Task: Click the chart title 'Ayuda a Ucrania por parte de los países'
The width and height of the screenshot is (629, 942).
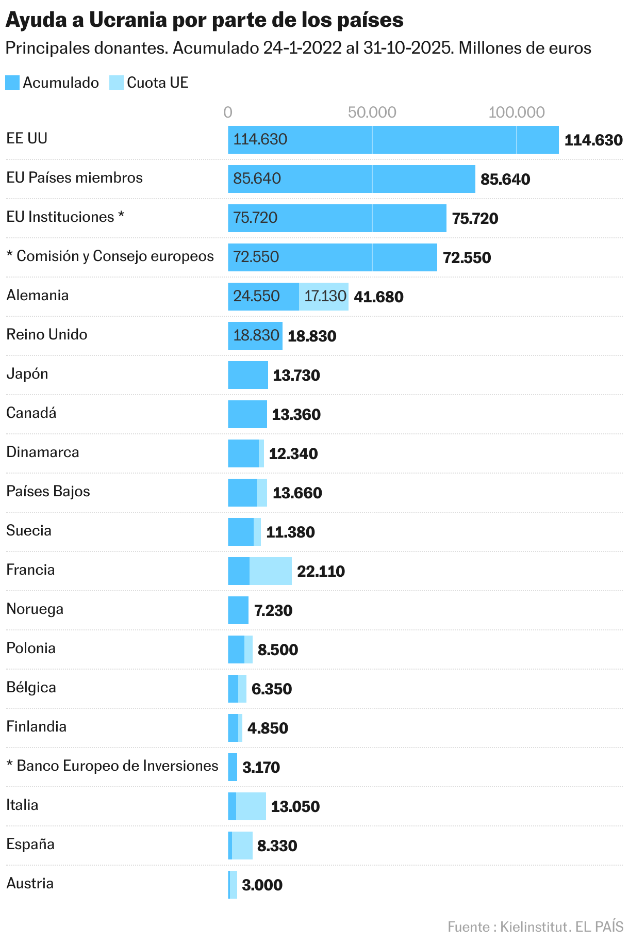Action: (204, 20)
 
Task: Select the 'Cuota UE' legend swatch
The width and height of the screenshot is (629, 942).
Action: (117, 83)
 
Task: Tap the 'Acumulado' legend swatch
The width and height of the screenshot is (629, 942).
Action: (12, 83)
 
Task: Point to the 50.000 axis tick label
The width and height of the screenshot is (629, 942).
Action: (372, 112)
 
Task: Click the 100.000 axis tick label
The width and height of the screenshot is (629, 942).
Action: (516, 112)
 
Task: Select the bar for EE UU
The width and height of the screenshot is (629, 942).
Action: (393, 140)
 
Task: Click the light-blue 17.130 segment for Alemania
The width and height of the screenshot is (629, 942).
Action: (324, 297)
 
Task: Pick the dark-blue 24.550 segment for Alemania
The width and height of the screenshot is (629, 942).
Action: (263, 297)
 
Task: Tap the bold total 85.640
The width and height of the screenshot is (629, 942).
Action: (505, 180)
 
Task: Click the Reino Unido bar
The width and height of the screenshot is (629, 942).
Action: (255, 336)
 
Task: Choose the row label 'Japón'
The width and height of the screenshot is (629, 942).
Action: (27, 373)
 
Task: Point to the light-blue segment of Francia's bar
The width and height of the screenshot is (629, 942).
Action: (271, 571)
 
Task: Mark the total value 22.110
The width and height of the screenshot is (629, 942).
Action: (321, 572)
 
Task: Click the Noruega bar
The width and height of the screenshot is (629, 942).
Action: (238, 610)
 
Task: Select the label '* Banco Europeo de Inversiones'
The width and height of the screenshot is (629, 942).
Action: (112, 766)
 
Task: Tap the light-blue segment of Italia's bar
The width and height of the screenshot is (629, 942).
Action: (251, 806)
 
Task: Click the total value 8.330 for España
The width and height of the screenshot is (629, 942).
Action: (277, 846)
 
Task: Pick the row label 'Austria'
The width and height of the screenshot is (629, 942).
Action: (30, 883)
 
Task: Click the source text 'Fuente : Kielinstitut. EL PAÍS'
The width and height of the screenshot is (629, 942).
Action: (535, 927)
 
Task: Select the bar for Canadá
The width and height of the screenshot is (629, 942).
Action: (247, 414)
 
